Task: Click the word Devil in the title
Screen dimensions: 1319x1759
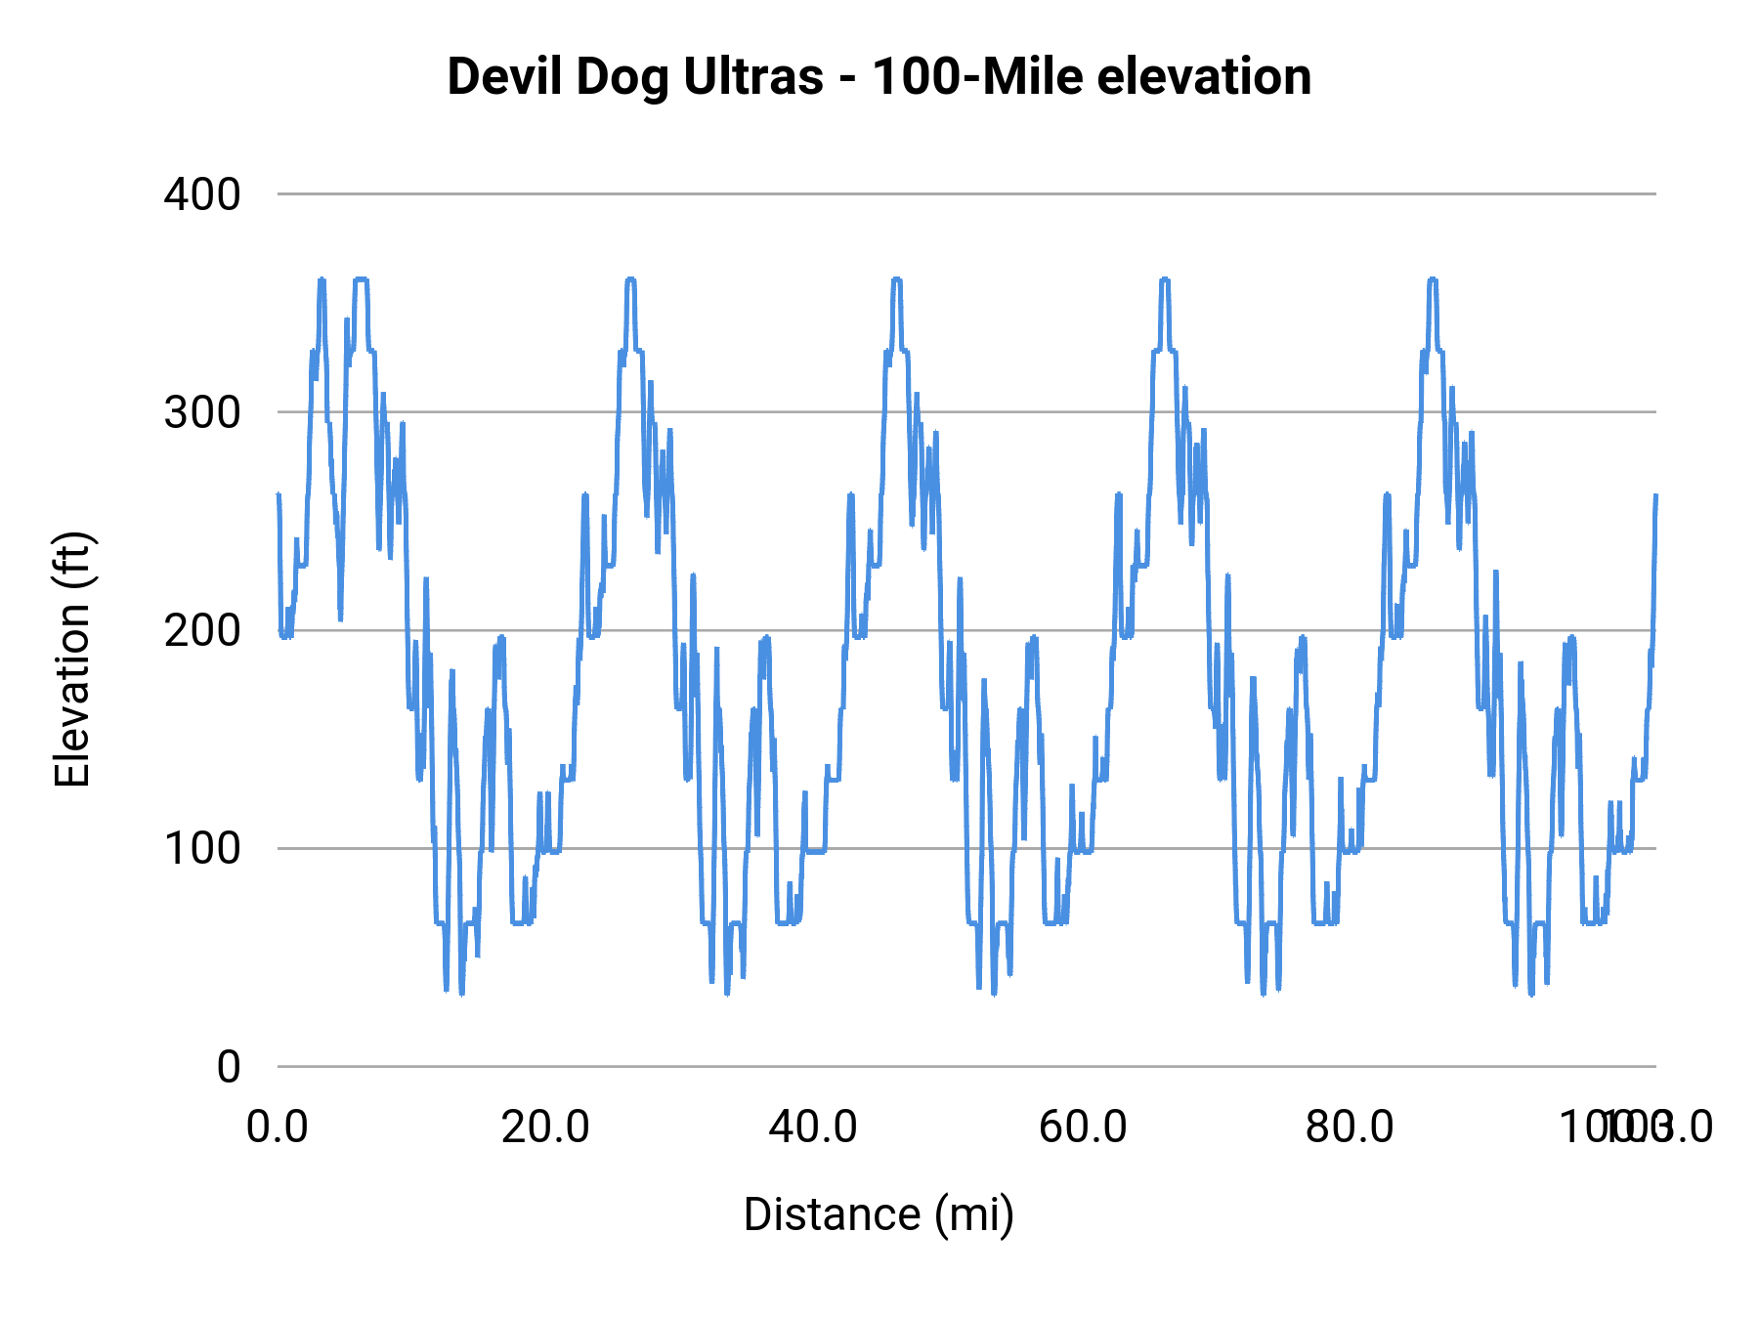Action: (504, 77)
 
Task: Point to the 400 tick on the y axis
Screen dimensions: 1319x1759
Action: (202, 194)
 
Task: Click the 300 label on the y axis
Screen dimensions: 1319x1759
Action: (202, 412)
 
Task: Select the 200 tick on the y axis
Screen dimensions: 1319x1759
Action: (202, 630)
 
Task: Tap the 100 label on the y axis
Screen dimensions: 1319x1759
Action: (202, 848)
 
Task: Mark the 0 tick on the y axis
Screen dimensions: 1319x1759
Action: (228, 1066)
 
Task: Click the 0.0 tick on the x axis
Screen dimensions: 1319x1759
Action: (278, 1127)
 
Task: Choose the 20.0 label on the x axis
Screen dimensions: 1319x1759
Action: (545, 1127)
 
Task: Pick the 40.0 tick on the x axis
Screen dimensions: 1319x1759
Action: (813, 1127)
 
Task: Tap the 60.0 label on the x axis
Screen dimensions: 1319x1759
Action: (1082, 1127)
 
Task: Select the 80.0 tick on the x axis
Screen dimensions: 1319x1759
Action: (1350, 1127)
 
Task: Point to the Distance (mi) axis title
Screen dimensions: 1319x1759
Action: (879, 1214)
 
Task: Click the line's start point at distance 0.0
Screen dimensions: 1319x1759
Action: (279, 495)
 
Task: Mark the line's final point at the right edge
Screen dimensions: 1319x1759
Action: (1655, 495)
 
